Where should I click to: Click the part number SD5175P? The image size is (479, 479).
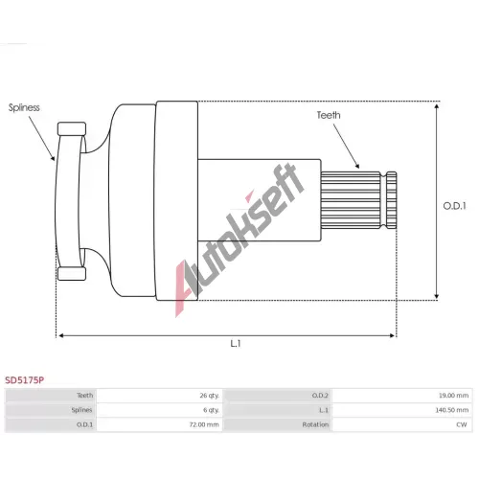tap(25, 380)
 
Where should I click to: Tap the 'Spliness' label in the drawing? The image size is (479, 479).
tap(24, 107)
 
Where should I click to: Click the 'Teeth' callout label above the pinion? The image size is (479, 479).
tap(329, 115)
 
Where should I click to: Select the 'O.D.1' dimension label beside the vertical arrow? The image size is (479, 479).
tap(454, 206)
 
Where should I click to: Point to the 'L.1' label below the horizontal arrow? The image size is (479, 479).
tap(236, 344)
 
